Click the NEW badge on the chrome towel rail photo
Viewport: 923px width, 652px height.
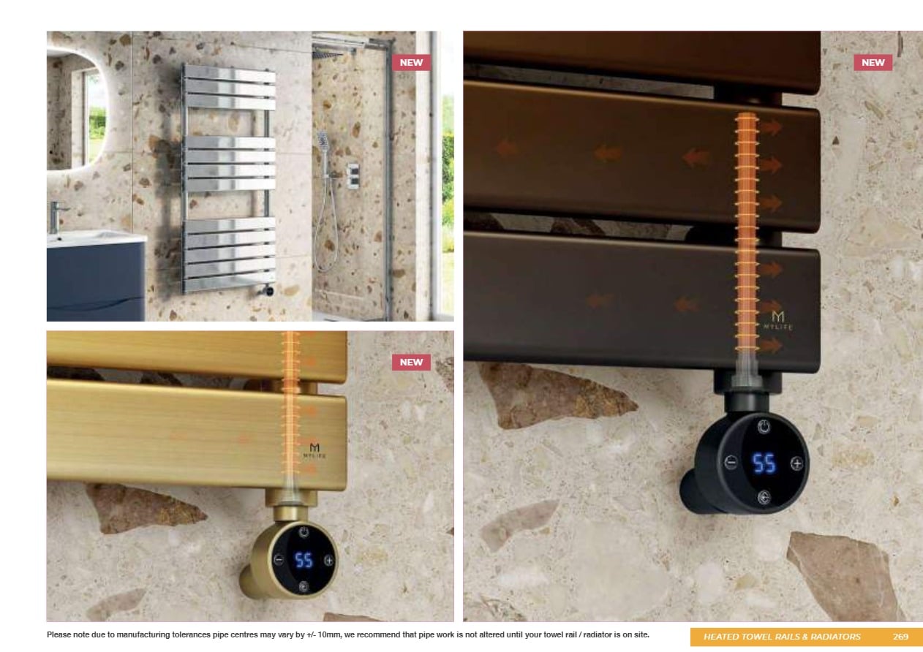click(411, 63)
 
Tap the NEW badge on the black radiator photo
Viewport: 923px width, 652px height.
click(873, 63)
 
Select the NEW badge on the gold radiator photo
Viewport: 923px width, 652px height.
click(411, 362)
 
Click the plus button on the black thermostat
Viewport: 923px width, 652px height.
click(797, 463)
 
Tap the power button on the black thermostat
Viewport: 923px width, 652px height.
click(764, 426)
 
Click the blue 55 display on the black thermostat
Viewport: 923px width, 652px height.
click(764, 463)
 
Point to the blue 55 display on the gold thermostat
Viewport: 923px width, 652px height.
click(304, 560)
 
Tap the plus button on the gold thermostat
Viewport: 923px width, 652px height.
click(329, 560)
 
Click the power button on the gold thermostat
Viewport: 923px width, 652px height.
click(304, 531)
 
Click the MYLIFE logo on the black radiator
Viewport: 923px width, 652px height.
click(777, 320)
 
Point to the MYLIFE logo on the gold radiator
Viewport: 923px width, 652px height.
click(314, 450)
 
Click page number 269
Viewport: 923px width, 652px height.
click(900, 637)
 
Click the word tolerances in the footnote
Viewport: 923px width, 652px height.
click(191, 634)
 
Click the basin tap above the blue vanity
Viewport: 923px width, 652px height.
click(57, 216)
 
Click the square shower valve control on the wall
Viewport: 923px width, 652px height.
click(353, 176)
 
